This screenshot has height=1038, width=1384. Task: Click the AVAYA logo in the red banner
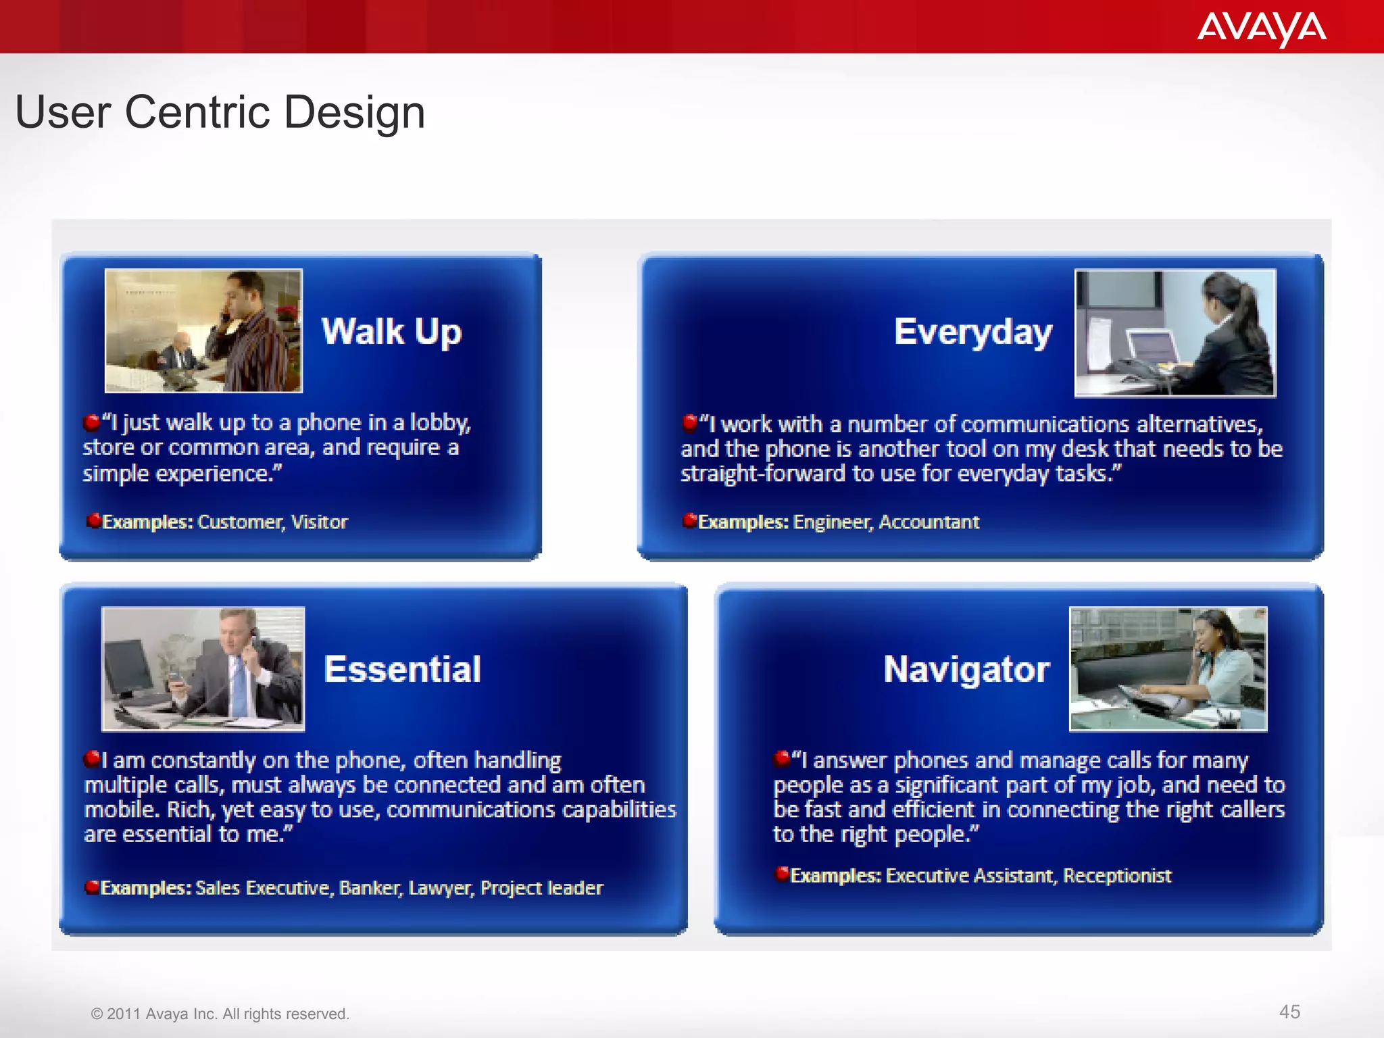click(x=1261, y=28)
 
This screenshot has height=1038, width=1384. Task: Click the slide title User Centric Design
click(x=220, y=112)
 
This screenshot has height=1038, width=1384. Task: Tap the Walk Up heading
click(x=391, y=332)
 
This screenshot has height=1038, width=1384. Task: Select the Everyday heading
click(x=972, y=332)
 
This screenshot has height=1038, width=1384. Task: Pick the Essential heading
click(x=402, y=669)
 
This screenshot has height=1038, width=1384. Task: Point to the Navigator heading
click(x=966, y=669)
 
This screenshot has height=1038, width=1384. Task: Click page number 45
click(x=1289, y=1012)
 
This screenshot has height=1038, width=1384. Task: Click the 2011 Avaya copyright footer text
click(x=220, y=1014)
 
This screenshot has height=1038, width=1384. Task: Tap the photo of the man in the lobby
click(x=203, y=330)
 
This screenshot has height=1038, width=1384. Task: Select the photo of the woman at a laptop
click(x=1175, y=332)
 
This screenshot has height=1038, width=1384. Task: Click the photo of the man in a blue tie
click(x=203, y=668)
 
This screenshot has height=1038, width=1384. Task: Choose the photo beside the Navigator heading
click(x=1168, y=668)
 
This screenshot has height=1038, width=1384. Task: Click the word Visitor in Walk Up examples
click(x=319, y=522)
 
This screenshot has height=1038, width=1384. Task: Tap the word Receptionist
click(x=1116, y=876)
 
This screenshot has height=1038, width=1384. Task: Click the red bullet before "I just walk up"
click(x=91, y=423)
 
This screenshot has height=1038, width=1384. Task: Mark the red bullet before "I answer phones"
click(x=782, y=759)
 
